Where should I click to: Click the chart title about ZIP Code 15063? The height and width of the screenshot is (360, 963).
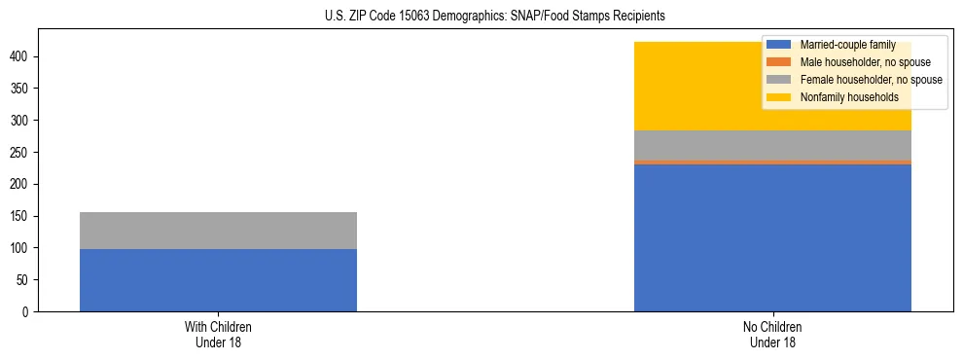point(481,17)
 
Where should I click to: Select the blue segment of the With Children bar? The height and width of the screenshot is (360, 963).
point(218,280)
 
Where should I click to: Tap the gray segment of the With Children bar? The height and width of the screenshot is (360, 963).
point(218,231)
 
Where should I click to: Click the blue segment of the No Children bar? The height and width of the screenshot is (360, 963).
point(772,237)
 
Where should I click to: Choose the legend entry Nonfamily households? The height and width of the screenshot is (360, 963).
point(849,97)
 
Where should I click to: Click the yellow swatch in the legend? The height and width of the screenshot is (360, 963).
point(780,97)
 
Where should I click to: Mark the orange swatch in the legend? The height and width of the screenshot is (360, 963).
point(780,62)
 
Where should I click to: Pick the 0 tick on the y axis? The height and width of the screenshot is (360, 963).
point(28,311)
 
